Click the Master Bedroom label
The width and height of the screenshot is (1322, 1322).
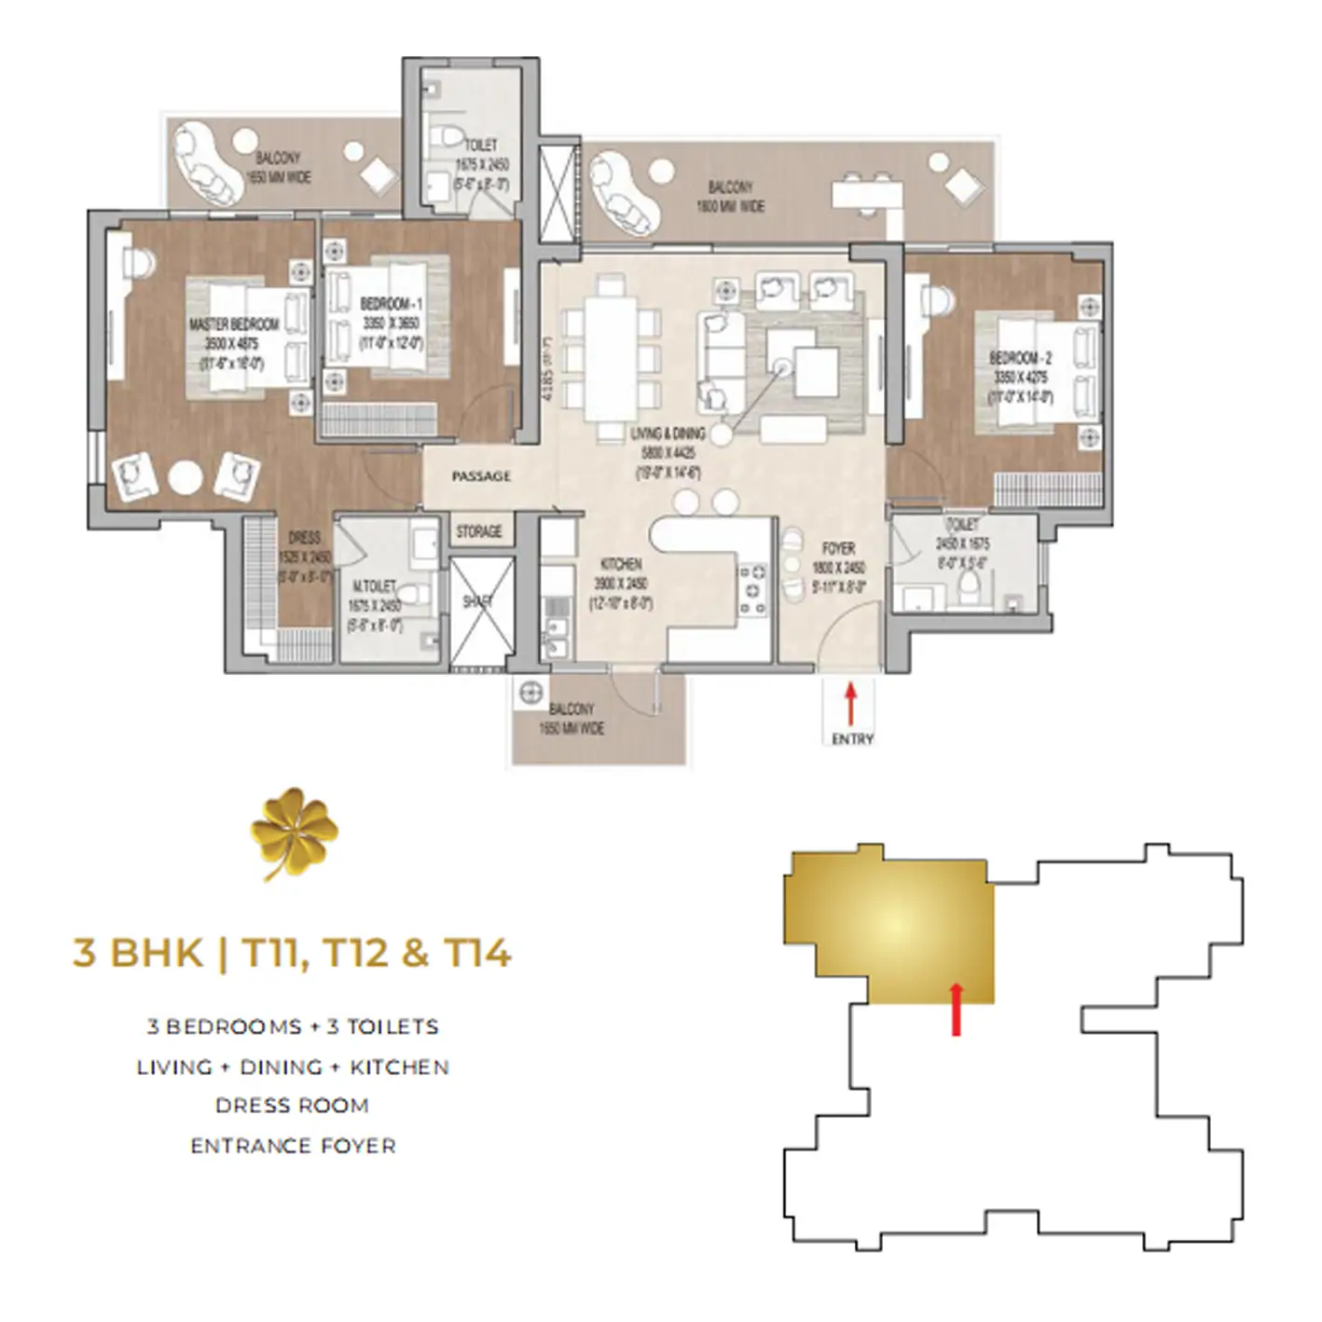(234, 324)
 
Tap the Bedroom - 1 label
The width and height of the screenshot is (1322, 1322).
(392, 305)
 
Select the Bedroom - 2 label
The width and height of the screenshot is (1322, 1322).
(1021, 358)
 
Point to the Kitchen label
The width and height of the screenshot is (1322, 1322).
(621, 564)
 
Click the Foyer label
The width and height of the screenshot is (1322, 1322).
(839, 548)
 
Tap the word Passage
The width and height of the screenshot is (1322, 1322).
(481, 476)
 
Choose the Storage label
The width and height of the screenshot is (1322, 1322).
(479, 531)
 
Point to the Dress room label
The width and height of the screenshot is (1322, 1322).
(305, 537)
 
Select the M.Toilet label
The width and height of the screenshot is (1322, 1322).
(374, 586)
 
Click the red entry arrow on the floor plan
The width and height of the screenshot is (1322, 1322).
(850, 704)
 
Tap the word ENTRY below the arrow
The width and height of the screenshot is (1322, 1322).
(852, 739)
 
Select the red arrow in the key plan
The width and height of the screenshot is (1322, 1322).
(956, 1009)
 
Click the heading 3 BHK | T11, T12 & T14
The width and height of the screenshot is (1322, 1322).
(292, 954)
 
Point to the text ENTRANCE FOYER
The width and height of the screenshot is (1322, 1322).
(293, 1146)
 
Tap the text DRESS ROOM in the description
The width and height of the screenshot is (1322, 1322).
(292, 1106)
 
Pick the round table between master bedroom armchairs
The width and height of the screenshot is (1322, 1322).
(186, 478)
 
